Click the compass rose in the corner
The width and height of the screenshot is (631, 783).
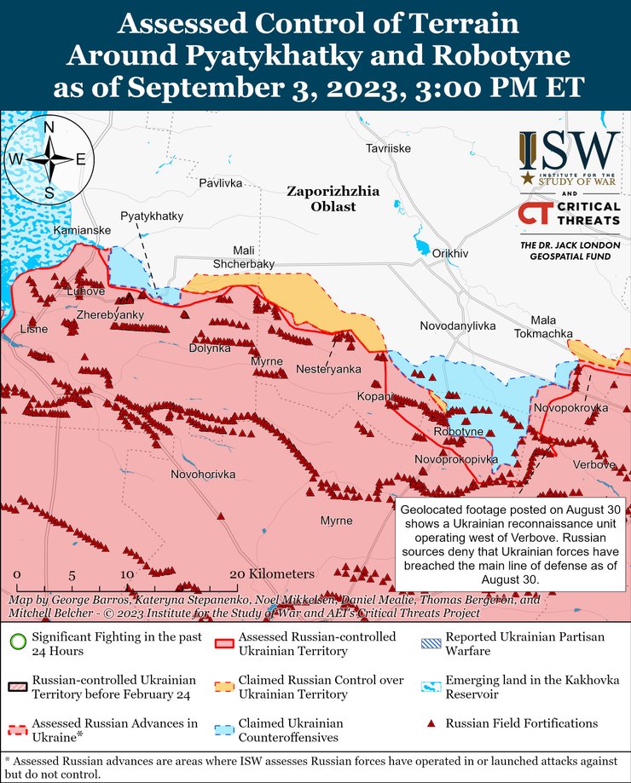pyautogui.click(x=49, y=159)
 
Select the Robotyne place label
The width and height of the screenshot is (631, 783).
pyautogui.click(x=459, y=432)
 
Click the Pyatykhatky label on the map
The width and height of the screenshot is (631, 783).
pyautogui.click(x=151, y=216)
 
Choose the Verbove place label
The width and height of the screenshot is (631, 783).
pyautogui.click(x=594, y=464)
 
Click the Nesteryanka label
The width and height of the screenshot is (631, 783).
pyautogui.click(x=328, y=369)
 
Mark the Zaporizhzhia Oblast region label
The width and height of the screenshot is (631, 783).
pyautogui.click(x=321, y=199)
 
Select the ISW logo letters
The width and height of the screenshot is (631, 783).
pyautogui.click(x=569, y=152)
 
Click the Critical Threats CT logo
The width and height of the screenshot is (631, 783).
pyautogui.click(x=535, y=214)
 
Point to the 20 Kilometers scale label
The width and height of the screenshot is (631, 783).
pyautogui.click(x=272, y=573)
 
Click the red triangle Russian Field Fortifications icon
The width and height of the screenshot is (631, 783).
pyautogui.click(x=431, y=724)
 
